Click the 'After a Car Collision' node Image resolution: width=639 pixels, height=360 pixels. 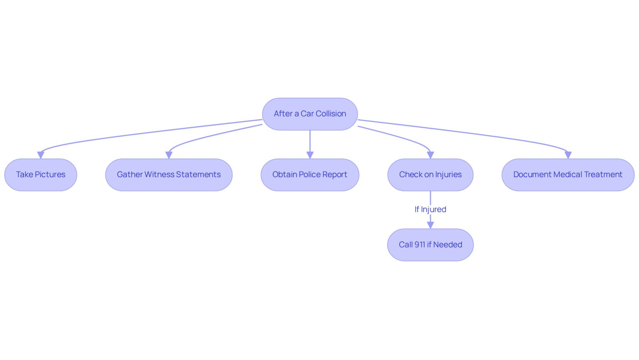(310, 114)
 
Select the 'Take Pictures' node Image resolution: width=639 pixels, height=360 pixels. (41, 175)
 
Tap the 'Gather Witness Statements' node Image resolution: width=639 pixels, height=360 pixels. (169, 175)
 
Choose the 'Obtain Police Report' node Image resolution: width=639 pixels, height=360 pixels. (310, 175)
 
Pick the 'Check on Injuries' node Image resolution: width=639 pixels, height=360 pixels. (430, 175)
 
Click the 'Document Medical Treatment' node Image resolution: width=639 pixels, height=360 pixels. (568, 175)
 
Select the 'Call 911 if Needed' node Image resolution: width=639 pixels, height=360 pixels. (430, 245)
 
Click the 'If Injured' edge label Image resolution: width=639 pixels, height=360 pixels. (430, 210)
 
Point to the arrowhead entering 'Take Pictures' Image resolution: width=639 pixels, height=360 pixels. (41, 155)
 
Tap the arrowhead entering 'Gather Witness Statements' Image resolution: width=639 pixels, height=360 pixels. (169, 155)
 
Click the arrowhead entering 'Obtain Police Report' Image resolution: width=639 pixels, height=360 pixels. (310, 155)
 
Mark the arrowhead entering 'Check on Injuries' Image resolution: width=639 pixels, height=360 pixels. (430, 155)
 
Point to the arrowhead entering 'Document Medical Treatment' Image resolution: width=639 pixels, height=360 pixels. (568, 155)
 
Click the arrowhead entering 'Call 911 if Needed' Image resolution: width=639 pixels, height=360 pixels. (430, 225)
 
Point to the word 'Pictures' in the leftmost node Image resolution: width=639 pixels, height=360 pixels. (50, 174)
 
